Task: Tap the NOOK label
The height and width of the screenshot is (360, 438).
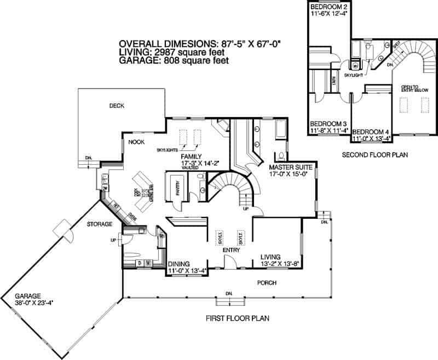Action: click(x=136, y=142)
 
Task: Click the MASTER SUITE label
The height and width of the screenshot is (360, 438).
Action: click(x=290, y=166)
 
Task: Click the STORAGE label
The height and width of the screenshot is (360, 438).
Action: click(x=99, y=224)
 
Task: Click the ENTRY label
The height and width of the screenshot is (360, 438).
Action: click(x=231, y=249)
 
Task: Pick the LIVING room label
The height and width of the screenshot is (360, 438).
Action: click(x=271, y=257)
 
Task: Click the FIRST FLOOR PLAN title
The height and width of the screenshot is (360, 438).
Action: click(x=237, y=318)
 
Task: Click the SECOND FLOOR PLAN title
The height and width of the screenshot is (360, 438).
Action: click(x=375, y=155)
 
